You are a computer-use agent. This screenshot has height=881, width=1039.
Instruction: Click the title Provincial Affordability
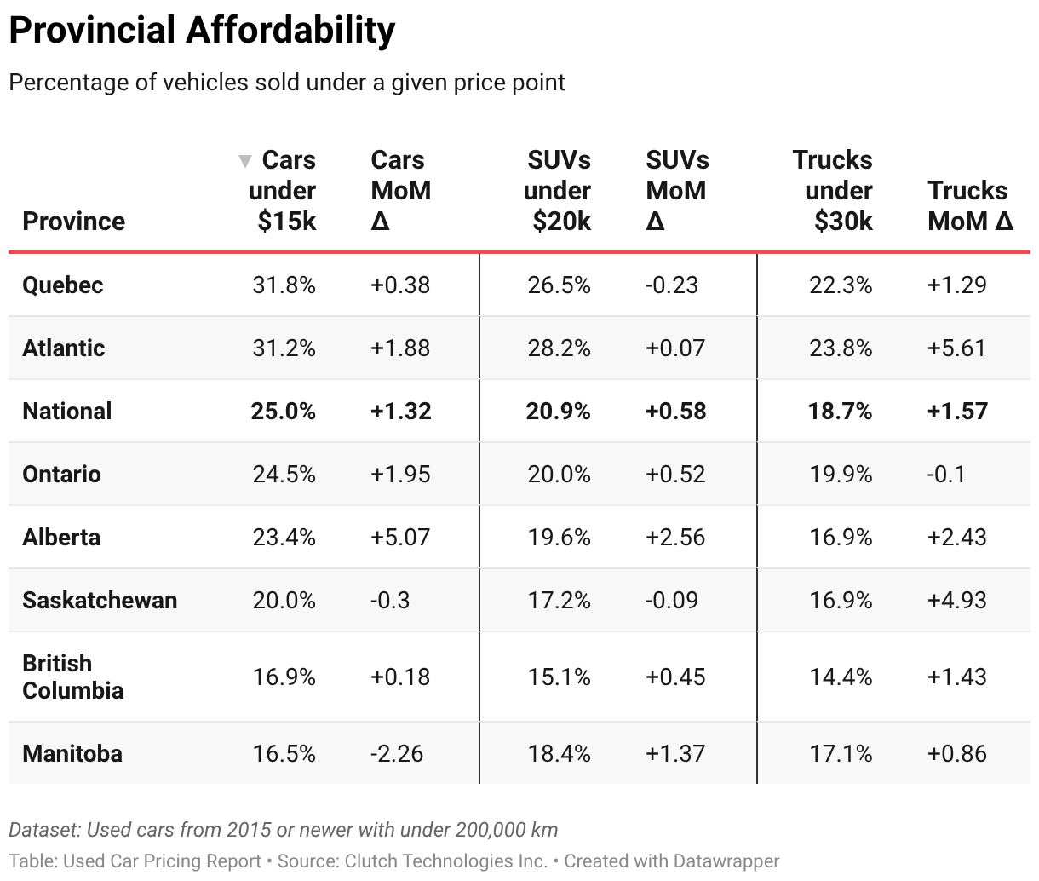point(202,31)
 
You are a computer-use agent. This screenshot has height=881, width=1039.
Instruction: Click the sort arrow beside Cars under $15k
point(245,161)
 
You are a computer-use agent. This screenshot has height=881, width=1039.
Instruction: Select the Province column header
point(73,222)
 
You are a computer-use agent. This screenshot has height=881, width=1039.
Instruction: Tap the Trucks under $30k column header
point(832,191)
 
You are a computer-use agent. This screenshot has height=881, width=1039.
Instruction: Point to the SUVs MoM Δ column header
point(676,191)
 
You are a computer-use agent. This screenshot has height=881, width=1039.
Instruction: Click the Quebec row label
point(62,285)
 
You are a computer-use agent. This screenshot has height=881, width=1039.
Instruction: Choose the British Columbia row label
point(72,677)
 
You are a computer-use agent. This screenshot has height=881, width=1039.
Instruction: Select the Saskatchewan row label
point(100,600)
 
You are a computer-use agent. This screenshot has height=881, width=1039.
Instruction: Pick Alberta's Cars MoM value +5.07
point(400,537)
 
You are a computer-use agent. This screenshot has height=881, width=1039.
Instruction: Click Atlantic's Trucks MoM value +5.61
point(956,348)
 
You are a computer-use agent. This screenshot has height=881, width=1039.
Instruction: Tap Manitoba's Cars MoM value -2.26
point(397,753)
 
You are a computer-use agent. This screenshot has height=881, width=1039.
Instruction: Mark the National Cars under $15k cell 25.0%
point(283,411)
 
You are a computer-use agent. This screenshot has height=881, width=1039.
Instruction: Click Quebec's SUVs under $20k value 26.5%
point(559,285)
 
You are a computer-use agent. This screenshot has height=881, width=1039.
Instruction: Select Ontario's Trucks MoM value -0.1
point(946,474)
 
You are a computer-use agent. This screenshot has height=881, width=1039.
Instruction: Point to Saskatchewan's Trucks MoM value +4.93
point(956,600)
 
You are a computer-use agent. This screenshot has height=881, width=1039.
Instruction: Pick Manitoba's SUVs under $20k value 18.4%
point(559,753)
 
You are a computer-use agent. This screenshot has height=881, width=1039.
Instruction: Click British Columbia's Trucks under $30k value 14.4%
point(841,677)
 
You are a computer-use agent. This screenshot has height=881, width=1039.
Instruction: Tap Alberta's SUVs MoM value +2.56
point(675,537)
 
